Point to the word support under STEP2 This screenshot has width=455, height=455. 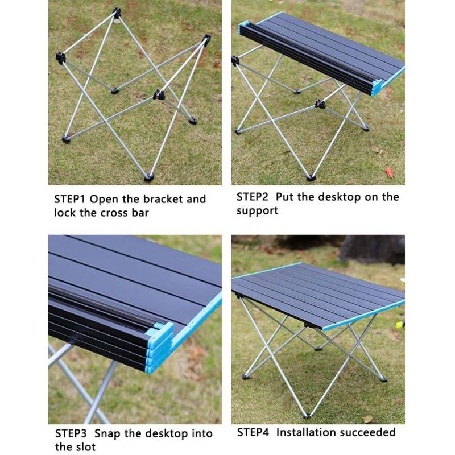pos(257,211)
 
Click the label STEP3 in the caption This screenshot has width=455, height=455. pos(71,433)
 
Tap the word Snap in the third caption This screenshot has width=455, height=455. pos(106,433)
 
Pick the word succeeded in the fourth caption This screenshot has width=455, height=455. pos(368,432)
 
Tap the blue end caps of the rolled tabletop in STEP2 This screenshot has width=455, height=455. pos(377,87)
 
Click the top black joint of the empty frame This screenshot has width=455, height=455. pos(117,13)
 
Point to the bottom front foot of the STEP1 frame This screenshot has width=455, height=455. pos(149,178)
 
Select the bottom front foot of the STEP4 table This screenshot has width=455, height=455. pos(308,415)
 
